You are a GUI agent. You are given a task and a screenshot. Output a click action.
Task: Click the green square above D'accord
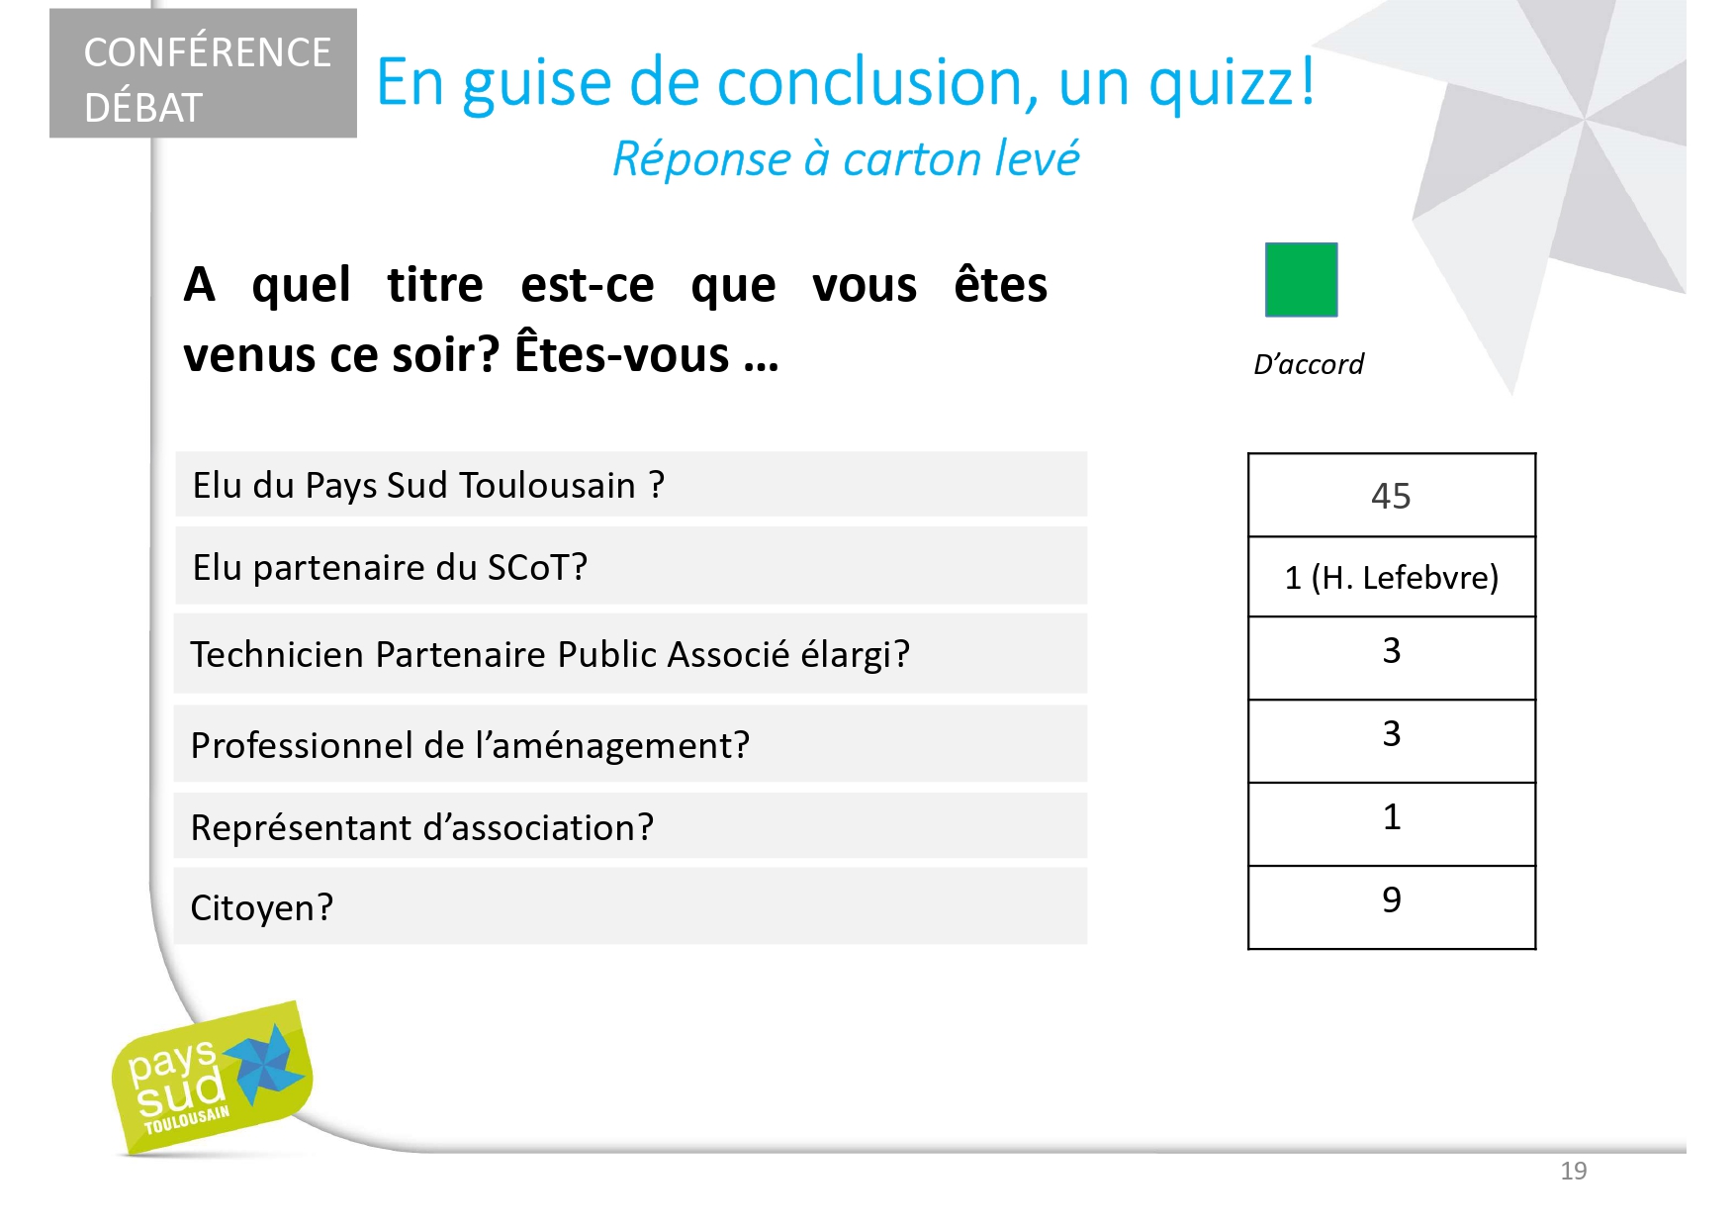[1301, 280]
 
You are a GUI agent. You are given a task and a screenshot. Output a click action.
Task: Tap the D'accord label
[1308, 364]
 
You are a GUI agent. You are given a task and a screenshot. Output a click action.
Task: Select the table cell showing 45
[1392, 496]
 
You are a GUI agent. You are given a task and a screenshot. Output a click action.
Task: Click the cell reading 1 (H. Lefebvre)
[1392, 577]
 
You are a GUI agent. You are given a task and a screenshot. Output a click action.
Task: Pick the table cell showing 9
[1392, 907]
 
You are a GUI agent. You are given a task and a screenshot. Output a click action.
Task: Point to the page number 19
[1573, 1171]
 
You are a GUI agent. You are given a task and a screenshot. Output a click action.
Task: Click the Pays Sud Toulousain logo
[212, 1079]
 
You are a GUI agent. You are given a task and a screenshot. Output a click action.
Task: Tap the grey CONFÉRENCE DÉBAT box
[203, 73]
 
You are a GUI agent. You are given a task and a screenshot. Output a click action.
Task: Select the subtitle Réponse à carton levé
[846, 158]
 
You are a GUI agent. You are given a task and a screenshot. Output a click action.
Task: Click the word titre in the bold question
[435, 285]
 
